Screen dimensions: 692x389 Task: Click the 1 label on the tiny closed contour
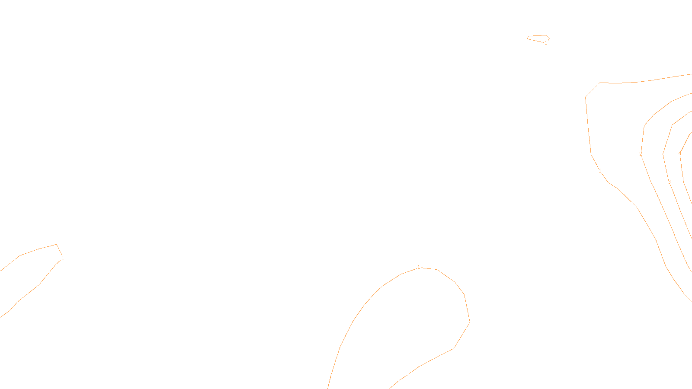546,43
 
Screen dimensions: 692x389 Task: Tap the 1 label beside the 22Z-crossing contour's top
419,267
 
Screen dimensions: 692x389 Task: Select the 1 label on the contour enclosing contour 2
600,171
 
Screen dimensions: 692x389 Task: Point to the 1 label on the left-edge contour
63,258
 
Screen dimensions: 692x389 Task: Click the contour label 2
641,154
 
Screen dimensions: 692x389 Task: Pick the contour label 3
669,182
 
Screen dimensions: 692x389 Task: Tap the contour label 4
680,154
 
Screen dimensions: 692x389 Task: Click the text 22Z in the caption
328,382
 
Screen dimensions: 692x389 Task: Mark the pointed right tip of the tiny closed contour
549,39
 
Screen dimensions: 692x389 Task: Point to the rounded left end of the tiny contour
528,38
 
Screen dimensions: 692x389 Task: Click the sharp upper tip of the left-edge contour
57,245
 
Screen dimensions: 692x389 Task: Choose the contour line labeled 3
666,138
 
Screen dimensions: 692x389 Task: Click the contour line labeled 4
685,143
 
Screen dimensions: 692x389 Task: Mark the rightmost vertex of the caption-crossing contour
470,322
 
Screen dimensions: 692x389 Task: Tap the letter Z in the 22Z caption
331,382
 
